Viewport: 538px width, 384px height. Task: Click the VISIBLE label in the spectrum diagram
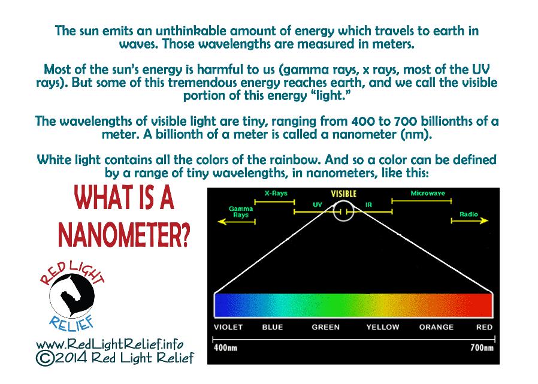pyautogui.click(x=343, y=194)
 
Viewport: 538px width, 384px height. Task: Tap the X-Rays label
pyautogui.click(x=276, y=193)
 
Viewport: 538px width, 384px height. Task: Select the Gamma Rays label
pyautogui.click(x=241, y=211)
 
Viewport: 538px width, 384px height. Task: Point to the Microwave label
pyautogui.click(x=428, y=193)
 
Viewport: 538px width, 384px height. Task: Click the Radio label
pyautogui.click(x=469, y=214)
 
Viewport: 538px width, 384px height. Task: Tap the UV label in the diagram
pyautogui.click(x=318, y=205)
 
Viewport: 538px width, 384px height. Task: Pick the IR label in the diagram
pyautogui.click(x=368, y=205)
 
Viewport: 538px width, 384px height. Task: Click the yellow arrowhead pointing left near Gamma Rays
pyautogui.click(x=222, y=222)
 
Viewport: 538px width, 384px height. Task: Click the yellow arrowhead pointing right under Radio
pyautogui.click(x=484, y=220)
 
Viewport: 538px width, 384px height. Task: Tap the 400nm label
pyautogui.click(x=225, y=348)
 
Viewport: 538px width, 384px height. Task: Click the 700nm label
pyautogui.click(x=482, y=348)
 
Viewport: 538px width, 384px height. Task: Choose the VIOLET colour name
pyautogui.click(x=228, y=327)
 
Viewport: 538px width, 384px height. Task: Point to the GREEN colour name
pyautogui.click(x=325, y=327)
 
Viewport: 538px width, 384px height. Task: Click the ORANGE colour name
pyautogui.click(x=436, y=327)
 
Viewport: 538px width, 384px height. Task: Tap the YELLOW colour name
pyautogui.click(x=383, y=327)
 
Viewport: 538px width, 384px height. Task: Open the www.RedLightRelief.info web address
pyautogui.click(x=110, y=344)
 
